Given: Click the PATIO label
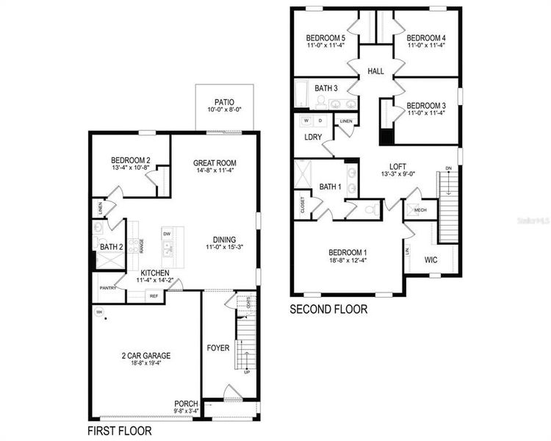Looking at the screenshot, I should tap(224, 102).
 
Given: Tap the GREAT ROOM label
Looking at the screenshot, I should tap(215, 162).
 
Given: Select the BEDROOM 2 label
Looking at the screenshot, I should tap(131, 160).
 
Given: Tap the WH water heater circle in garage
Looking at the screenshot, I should tap(97, 312).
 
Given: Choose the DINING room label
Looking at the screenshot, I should tap(224, 239).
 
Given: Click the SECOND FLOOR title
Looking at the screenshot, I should tap(328, 309).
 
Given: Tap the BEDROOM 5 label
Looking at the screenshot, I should tap(327, 37).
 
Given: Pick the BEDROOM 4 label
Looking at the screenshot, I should tap(427, 37).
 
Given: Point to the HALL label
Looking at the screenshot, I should tap(375, 71).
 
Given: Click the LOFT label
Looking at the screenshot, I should tap(397, 167).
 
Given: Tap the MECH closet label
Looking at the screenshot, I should tap(420, 209).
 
